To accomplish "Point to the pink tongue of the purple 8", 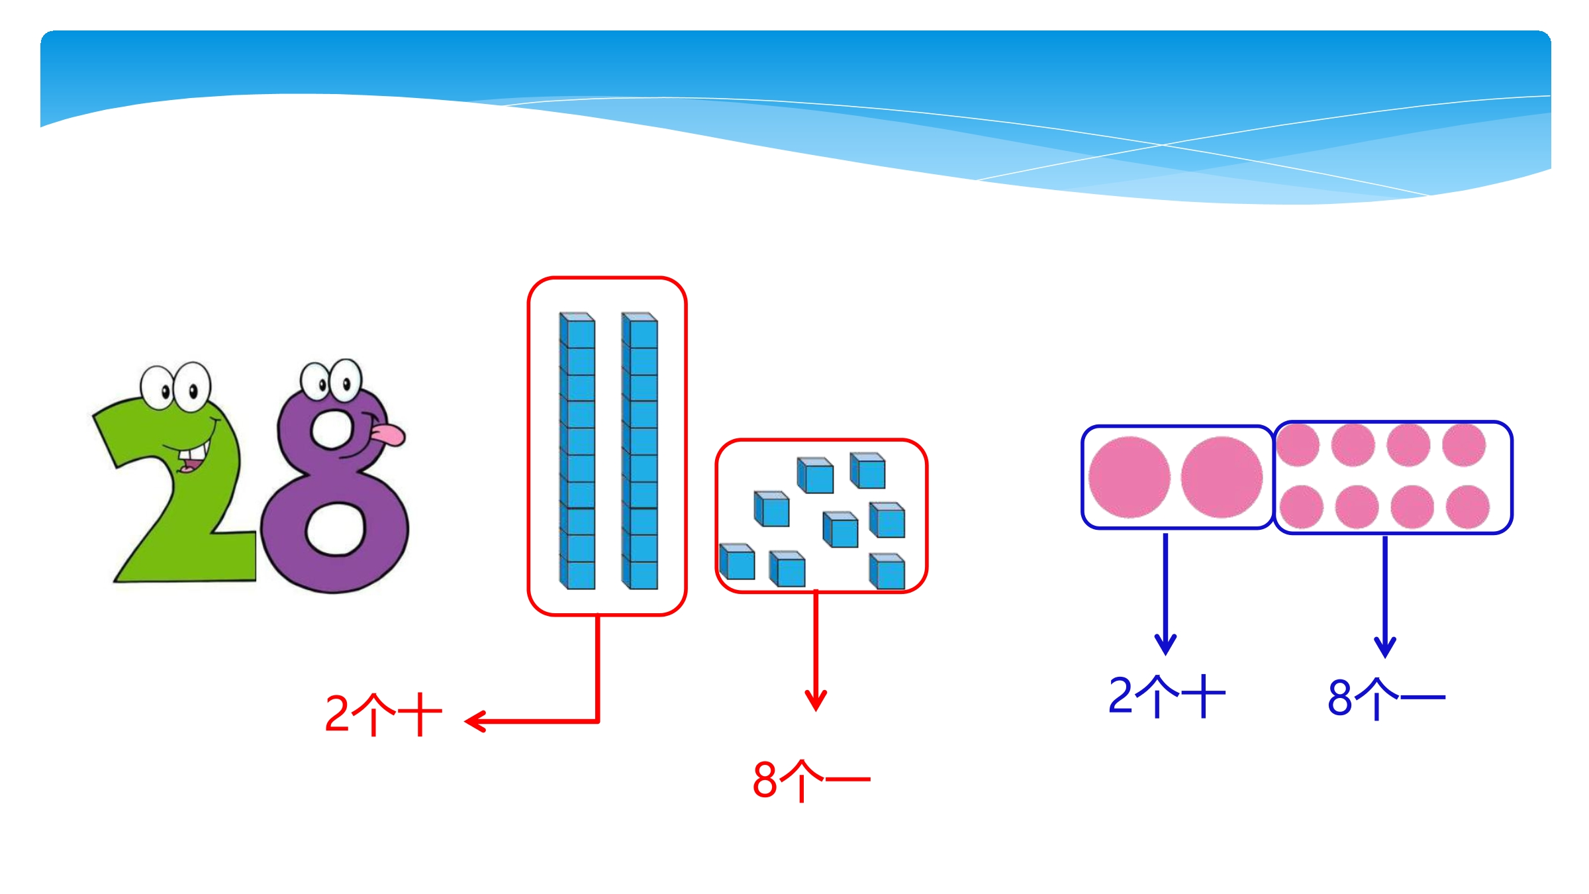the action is coord(388,434).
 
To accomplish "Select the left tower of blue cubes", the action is coord(577,450).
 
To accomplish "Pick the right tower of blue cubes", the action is coord(640,450).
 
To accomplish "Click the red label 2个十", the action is coord(383,715).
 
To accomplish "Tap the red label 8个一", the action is coord(811,780).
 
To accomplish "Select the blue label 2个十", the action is coord(1167,696).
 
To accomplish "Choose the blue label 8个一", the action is coord(1386,698).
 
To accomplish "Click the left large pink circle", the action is coord(1130,477).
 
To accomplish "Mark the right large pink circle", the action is coord(1222,477).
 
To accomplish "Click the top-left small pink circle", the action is coord(1298,445).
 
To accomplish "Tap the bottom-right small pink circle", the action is coord(1468,507).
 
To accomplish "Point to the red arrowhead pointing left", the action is coord(475,721).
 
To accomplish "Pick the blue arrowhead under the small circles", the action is coord(1385,646).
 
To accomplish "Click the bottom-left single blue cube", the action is coord(737,562).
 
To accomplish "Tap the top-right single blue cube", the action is coord(867,470).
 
